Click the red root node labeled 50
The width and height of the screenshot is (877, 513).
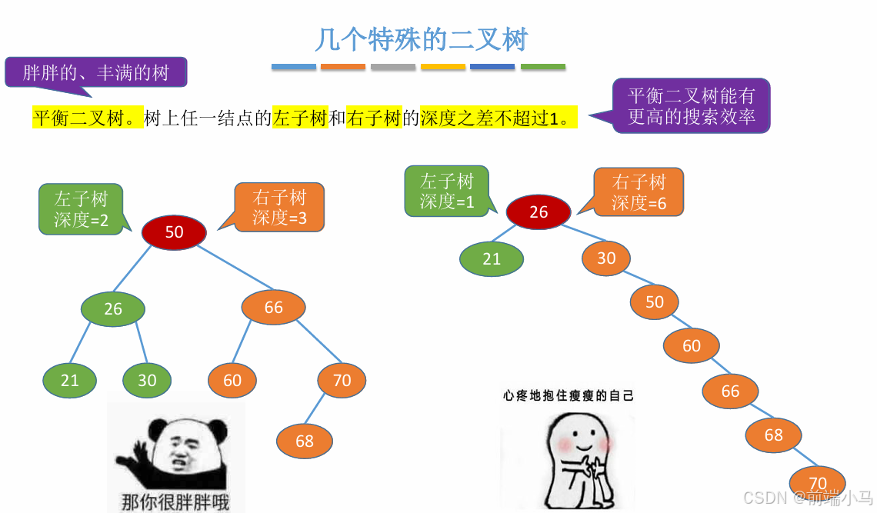175,232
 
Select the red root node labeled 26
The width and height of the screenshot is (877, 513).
539,212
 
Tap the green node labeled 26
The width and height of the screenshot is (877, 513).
113,308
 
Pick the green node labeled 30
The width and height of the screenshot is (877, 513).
147,380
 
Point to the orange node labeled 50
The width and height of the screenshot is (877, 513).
655,301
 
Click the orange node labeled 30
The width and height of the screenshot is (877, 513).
606,258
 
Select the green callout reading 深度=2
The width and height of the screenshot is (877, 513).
81,208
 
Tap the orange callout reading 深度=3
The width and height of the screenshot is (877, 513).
279,207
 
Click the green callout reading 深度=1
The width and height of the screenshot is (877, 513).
447,192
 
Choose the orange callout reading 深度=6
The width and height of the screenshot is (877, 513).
639,192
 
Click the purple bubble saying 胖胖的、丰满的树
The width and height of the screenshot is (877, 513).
96,73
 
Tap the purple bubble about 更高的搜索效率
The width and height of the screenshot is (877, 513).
692,106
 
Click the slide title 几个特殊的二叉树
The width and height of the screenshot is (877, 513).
422,40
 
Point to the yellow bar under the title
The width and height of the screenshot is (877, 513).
443,68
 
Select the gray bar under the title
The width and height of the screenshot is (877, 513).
393,68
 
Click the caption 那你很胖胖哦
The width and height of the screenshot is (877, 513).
175,501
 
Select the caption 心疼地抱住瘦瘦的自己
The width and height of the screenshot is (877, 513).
569,395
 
